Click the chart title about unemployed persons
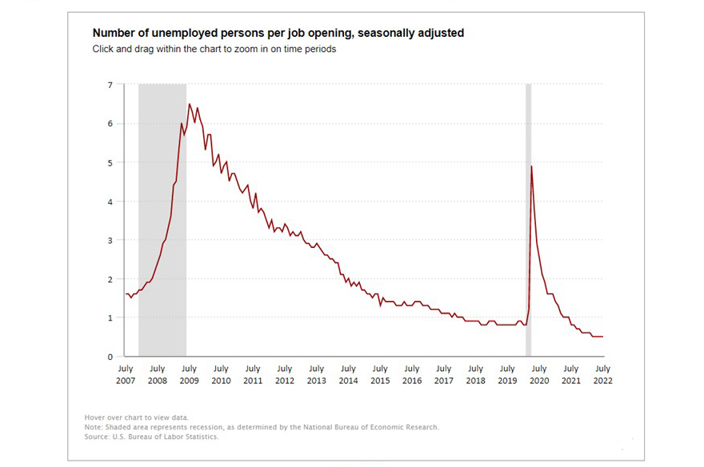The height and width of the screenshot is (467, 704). coord(278,34)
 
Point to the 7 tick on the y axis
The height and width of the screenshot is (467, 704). coord(110,85)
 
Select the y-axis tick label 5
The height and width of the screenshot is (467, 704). coord(110,162)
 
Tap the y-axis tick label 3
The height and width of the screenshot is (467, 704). coord(110,240)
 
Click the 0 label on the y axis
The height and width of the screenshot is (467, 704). coord(110,357)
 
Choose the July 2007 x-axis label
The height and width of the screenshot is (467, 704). coord(126,374)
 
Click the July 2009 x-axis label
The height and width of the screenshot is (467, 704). coord(189,374)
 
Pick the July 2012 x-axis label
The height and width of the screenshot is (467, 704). coord(285,374)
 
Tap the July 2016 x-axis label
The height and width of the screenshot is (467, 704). coord(412,374)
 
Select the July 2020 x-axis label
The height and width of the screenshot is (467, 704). coord(539,374)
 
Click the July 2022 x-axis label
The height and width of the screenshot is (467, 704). coord(602,374)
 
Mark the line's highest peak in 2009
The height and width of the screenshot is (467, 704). coord(189,104)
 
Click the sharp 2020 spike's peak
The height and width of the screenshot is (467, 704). coord(531,166)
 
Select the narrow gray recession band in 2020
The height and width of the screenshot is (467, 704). coord(528,240)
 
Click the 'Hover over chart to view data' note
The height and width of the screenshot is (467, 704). coord(136,417)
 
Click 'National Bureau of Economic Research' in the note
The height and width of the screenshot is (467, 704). coord(365,427)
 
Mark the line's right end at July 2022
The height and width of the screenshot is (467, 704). coord(602,337)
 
